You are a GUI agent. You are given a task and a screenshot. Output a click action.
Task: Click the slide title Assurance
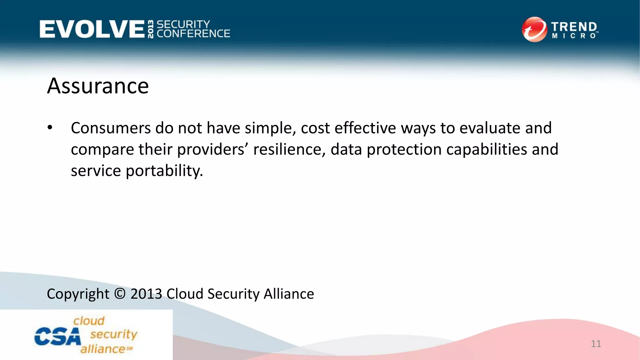point(98,86)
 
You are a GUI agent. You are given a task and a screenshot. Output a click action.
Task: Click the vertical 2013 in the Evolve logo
point(151,29)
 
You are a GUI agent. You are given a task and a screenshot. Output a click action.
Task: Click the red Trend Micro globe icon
point(534,29)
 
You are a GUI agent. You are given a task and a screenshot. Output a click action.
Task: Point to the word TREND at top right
point(574,27)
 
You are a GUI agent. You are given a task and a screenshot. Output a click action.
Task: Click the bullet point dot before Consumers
point(50,128)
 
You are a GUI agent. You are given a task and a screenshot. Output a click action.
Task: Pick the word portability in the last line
point(164,171)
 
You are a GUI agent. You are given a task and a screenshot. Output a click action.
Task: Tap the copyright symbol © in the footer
point(120,294)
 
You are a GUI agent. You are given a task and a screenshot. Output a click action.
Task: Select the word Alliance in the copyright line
point(289,294)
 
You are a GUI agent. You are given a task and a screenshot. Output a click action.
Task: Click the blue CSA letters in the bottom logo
point(57,337)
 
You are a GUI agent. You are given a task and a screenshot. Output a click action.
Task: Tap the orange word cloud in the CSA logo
point(89,321)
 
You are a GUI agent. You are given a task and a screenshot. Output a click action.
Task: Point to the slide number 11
point(596,344)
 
